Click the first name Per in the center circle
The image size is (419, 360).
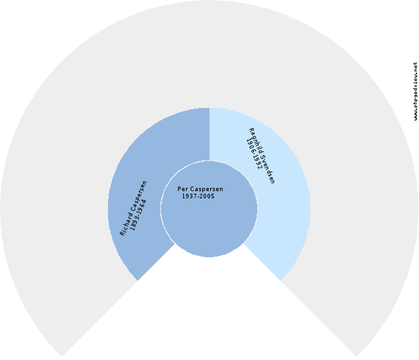point(183,189)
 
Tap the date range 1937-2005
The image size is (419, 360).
point(198,196)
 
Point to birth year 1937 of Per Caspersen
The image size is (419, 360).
point(190,196)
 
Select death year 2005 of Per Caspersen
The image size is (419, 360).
point(207,196)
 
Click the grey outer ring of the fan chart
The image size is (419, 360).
point(209,52)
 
